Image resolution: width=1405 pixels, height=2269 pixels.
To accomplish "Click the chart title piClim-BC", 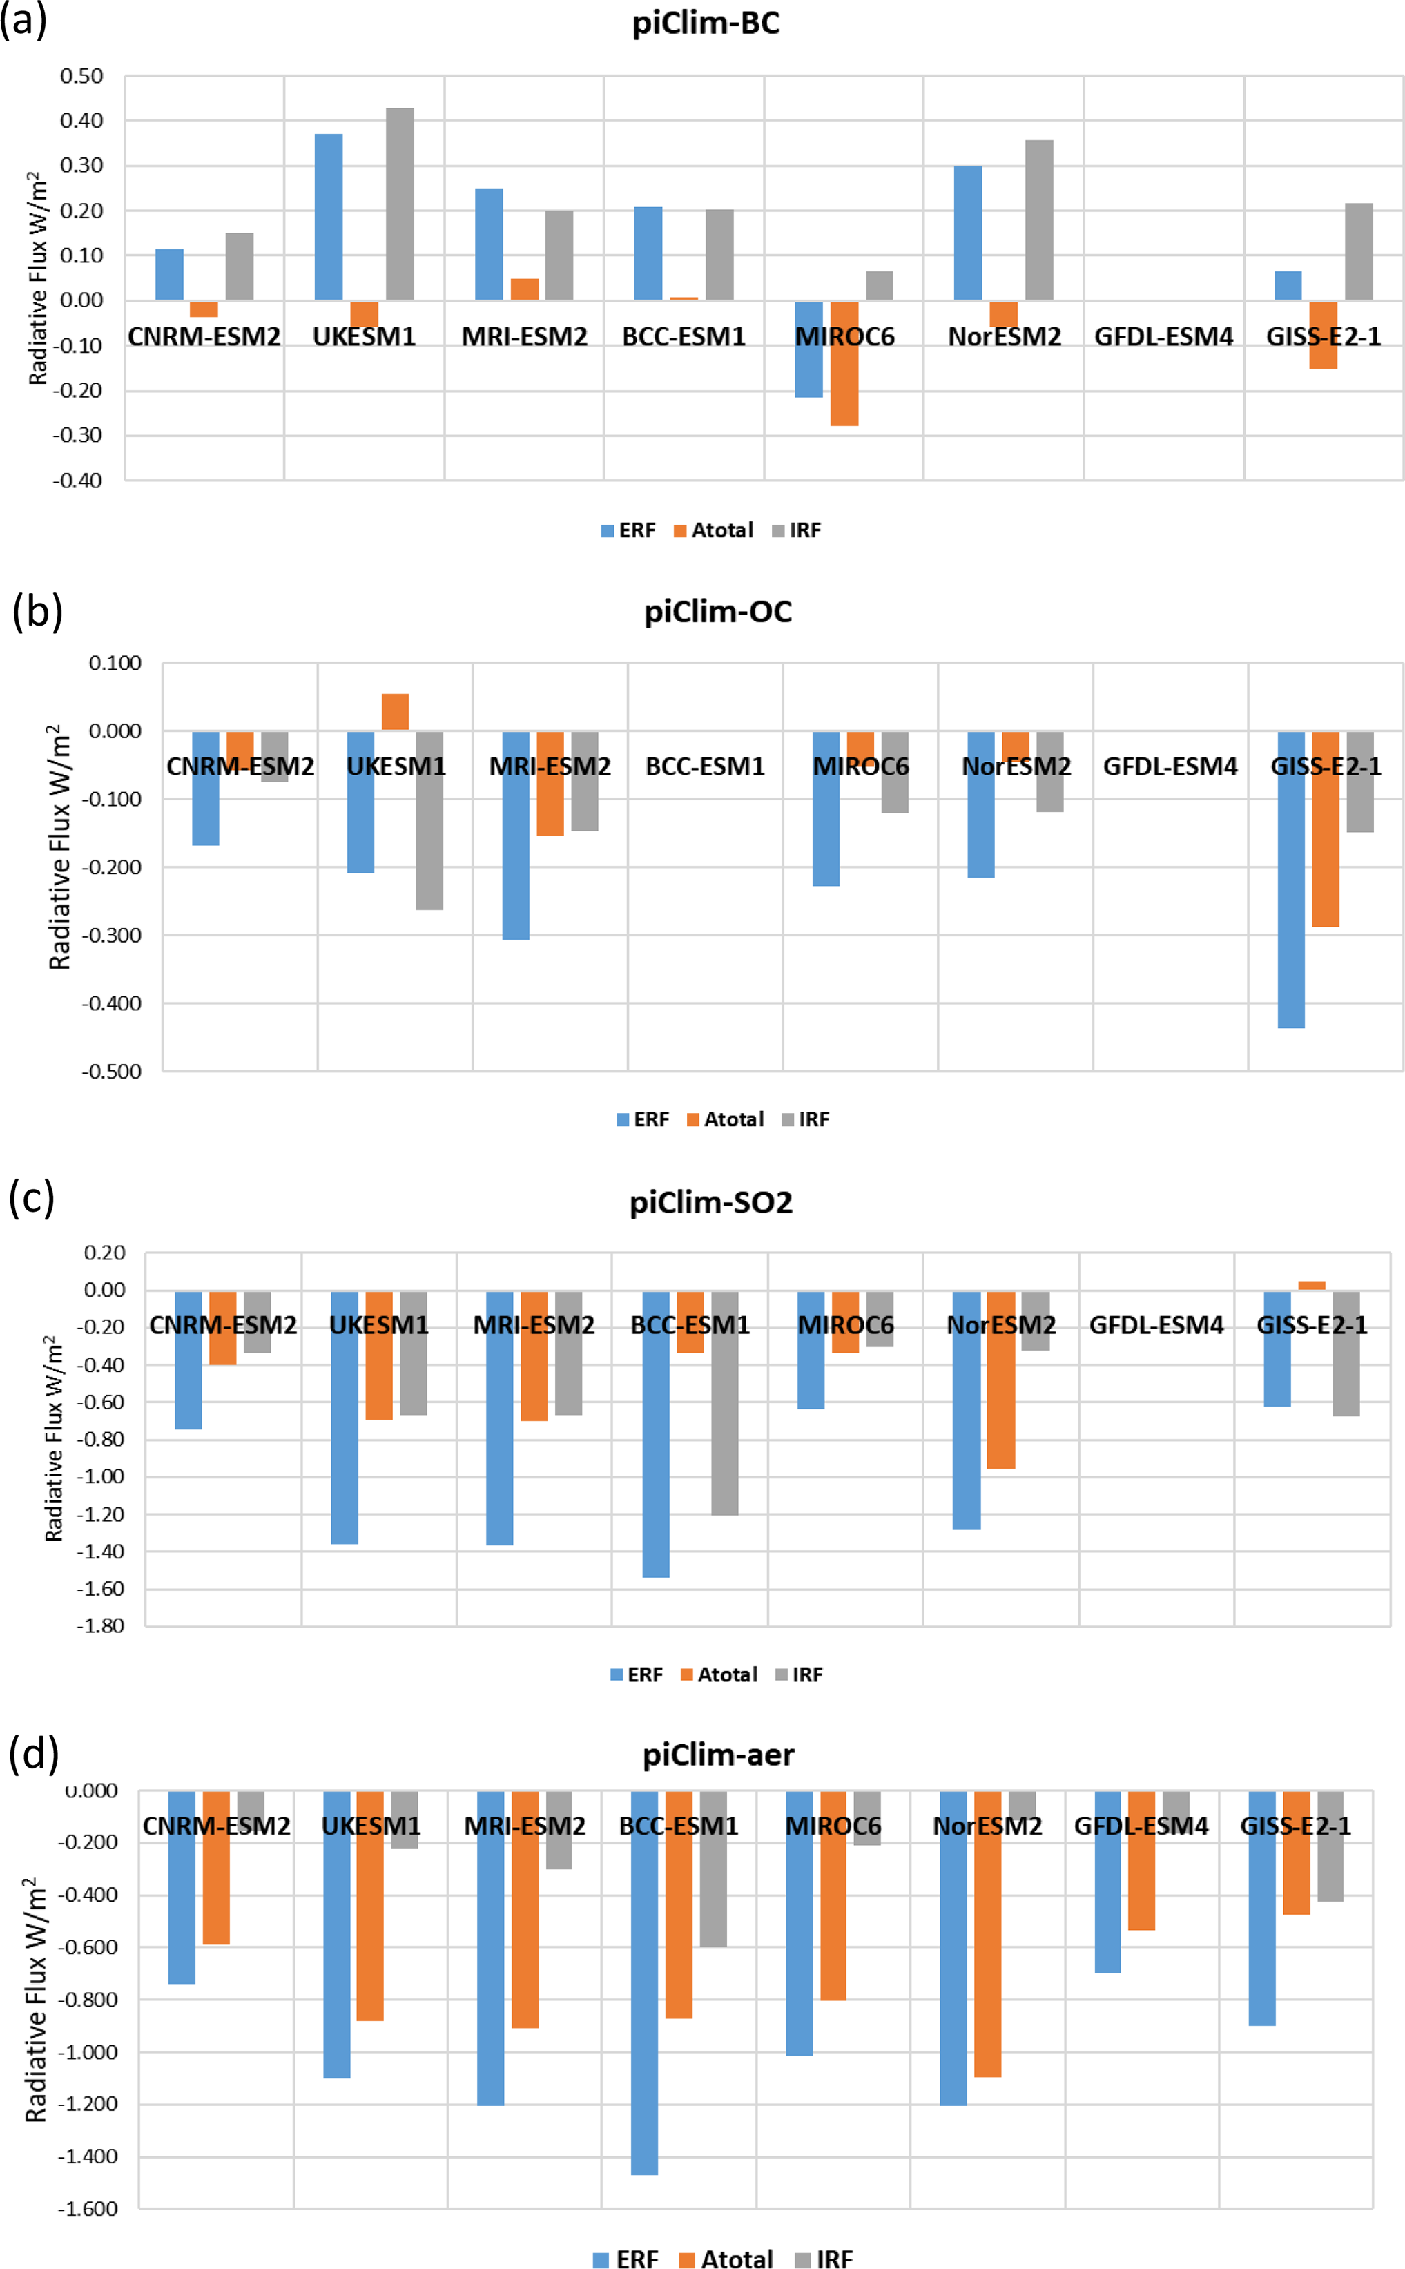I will [x=706, y=23].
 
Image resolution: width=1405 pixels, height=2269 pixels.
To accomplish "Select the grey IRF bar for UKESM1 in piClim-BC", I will [x=400, y=204].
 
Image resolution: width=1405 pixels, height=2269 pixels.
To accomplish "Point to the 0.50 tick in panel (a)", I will [x=81, y=76].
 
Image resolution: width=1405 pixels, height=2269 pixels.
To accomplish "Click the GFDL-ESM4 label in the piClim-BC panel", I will [x=1163, y=336].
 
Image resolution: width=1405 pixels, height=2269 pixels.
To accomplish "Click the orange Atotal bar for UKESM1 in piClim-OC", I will [x=395, y=712].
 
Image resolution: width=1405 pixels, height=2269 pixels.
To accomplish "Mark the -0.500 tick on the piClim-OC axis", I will [x=112, y=1071].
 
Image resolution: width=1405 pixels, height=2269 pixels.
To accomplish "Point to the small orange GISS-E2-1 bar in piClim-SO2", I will [x=1311, y=1285].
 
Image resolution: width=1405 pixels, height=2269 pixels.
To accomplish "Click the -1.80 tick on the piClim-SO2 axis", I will [x=103, y=1626].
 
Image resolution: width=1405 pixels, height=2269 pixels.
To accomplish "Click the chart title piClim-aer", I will [x=718, y=1755].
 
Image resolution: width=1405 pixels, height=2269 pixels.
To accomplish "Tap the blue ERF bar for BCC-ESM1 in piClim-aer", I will [x=644, y=1998].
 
